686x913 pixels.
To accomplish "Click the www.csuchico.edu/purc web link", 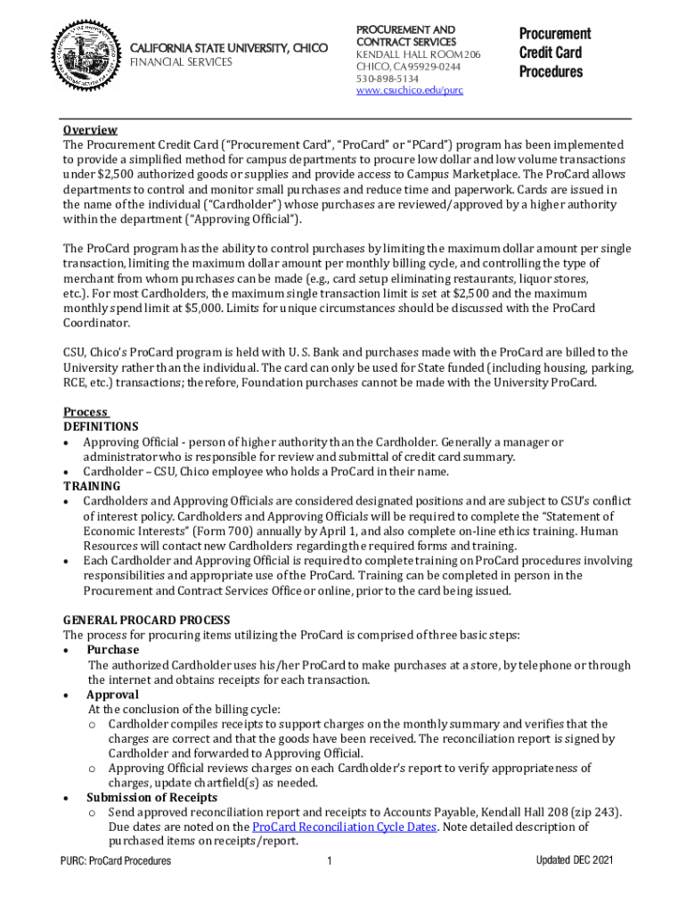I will point(409,90).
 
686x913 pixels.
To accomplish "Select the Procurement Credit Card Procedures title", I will point(554,53).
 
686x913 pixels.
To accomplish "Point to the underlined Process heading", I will point(86,412).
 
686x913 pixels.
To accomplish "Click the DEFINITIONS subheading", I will point(101,426).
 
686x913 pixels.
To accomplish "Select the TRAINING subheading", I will point(92,486).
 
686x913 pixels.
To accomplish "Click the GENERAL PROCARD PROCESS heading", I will point(146,620).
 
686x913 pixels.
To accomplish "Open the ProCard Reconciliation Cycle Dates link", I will point(345,827).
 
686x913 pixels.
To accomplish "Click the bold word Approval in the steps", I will point(112,695).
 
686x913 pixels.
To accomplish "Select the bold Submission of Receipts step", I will point(151,797).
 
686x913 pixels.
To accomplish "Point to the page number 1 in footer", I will point(330,861).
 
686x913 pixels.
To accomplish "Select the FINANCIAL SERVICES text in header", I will point(182,62).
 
